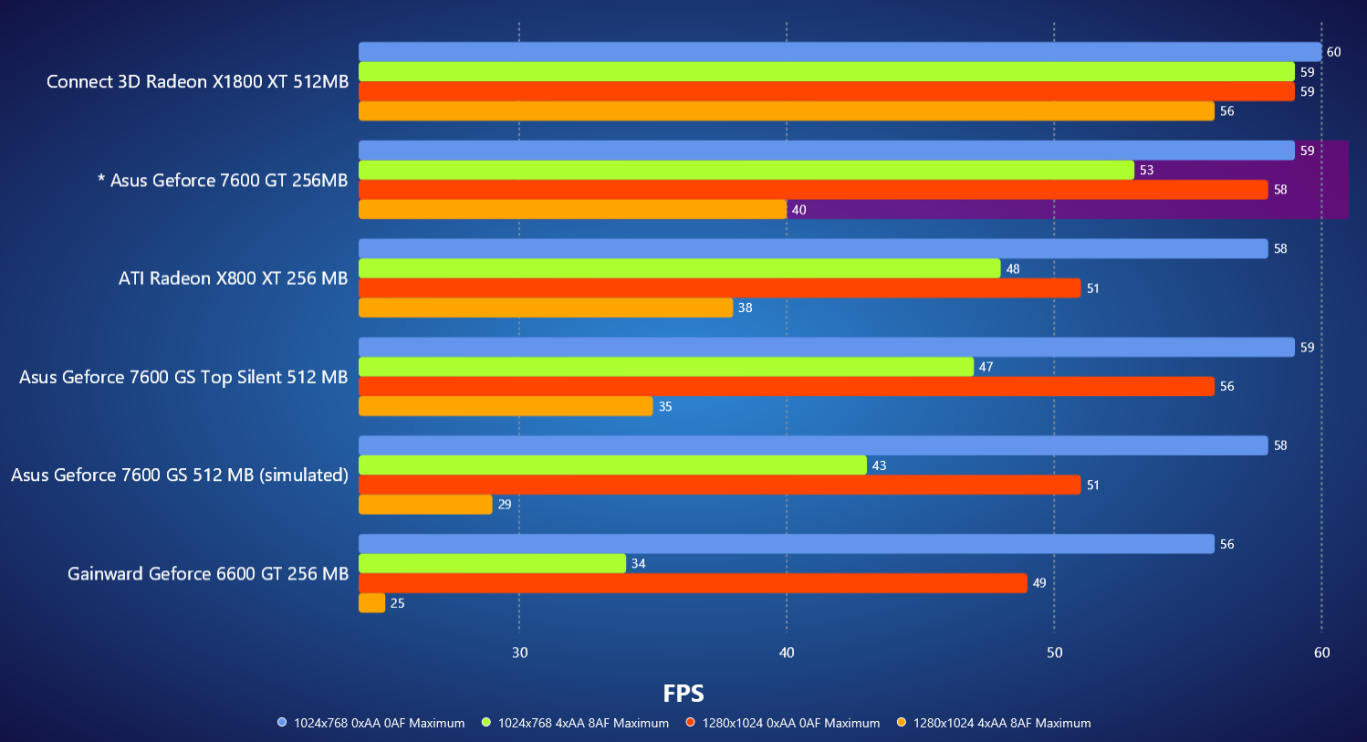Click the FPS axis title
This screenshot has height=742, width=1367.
coord(683,694)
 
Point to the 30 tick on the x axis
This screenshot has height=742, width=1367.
coord(519,653)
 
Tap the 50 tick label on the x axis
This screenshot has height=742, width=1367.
coord(1054,653)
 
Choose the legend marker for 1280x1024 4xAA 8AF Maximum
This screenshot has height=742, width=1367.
coord(902,723)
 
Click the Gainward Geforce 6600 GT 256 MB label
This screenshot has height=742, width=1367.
coord(208,573)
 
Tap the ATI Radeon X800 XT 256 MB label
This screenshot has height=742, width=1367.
coord(233,278)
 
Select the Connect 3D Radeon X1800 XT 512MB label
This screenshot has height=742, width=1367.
coord(197,81)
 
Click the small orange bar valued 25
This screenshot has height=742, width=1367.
coord(371,602)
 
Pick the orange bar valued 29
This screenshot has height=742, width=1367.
coord(425,504)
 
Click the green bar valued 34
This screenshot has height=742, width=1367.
coord(492,563)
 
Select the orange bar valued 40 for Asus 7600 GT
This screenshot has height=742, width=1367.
coord(572,209)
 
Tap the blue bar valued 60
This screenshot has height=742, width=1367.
coord(840,52)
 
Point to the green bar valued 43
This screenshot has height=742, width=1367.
coord(612,465)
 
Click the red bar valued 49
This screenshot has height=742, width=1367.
coord(693,582)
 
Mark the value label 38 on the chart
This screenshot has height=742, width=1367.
coord(745,308)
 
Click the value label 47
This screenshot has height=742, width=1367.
coord(986,367)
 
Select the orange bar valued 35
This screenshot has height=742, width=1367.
coord(506,406)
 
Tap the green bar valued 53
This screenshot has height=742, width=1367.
coord(746,170)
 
